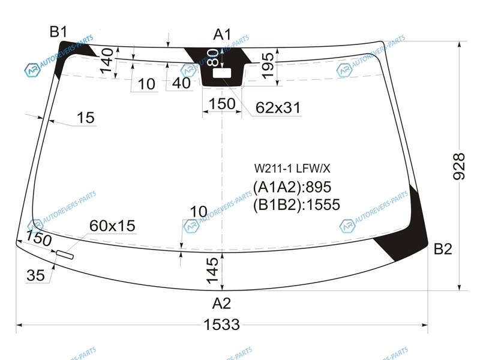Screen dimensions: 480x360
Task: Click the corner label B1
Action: coord(58,32)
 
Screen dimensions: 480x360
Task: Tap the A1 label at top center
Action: coord(222,34)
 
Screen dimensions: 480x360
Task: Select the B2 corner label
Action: coord(443,249)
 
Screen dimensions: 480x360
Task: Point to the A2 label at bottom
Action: coord(221,304)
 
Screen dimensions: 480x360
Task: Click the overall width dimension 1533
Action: coord(221,325)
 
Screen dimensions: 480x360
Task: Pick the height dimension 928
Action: coord(459,166)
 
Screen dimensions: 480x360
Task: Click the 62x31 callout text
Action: coord(278,108)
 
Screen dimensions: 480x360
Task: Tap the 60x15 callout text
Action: coord(112,226)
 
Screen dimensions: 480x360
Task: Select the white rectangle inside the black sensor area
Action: coord(222,73)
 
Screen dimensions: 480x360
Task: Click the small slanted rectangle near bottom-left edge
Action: coord(65,254)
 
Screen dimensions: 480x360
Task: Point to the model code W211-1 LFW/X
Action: coord(292,169)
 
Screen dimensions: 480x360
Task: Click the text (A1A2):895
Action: coord(292,187)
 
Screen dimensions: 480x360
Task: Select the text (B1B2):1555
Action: coord(296,205)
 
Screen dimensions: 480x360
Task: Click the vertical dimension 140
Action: coord(107,61)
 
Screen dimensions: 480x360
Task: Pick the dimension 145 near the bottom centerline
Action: coord(212,271)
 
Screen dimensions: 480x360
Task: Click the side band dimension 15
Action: coord(86,118)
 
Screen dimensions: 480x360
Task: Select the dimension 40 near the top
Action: coord(181,83)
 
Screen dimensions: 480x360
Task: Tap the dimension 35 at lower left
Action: coord(36,275)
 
